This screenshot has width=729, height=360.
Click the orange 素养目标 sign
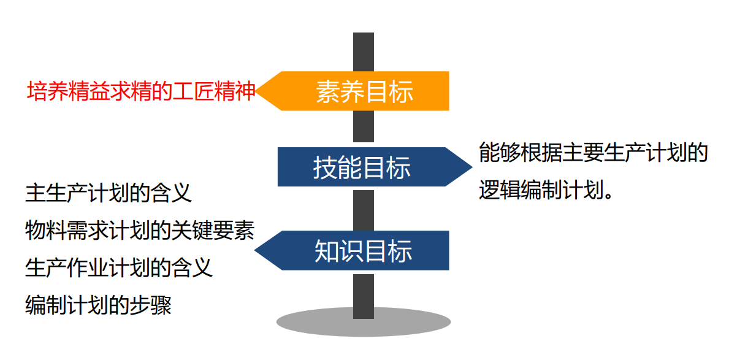pos(364,91)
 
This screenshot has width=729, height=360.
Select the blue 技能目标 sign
pos(362,167)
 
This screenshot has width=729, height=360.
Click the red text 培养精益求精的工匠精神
pos(141,91)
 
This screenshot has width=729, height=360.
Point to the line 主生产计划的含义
pos(109,192)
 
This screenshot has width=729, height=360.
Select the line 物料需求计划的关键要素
pos(140,231)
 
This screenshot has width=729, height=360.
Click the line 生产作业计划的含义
pos(119,268)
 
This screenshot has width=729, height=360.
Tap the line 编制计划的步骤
pos(98,305)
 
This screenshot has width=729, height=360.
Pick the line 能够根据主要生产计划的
pos(593,153)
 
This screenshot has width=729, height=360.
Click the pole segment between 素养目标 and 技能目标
pos(364,128)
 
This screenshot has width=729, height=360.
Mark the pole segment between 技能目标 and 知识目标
pos(364,209)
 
